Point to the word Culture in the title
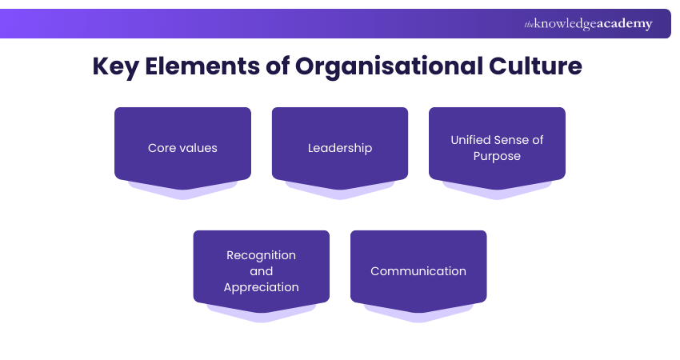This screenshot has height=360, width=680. point(535,66)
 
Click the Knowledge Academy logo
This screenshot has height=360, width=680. point(588,24)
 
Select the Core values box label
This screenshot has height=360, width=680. point(182,148)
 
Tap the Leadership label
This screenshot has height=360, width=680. point(340,148)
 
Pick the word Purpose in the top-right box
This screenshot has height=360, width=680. point(497,156)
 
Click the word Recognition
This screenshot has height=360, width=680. point(261,255)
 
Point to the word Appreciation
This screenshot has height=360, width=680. point(261,287)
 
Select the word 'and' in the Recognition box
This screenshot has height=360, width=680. point(261,271)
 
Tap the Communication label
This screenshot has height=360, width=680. point(418,271)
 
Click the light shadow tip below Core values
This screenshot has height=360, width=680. point(182,194)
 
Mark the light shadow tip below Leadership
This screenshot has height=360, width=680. point(340,194)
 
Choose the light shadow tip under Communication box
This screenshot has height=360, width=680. point(418,318)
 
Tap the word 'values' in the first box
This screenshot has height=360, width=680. point(198,148)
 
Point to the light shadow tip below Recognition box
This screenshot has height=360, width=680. point(261,318)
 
